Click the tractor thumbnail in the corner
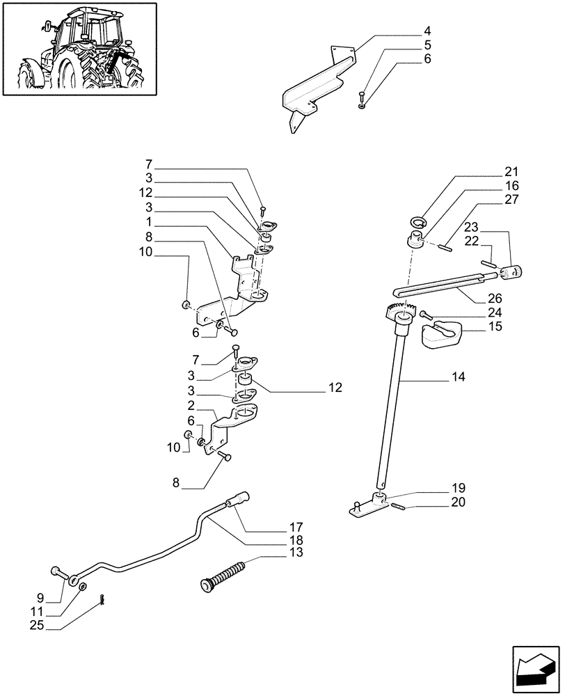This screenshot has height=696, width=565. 79,48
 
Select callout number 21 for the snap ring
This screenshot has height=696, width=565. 511,172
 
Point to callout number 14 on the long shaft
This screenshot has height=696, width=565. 458,377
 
